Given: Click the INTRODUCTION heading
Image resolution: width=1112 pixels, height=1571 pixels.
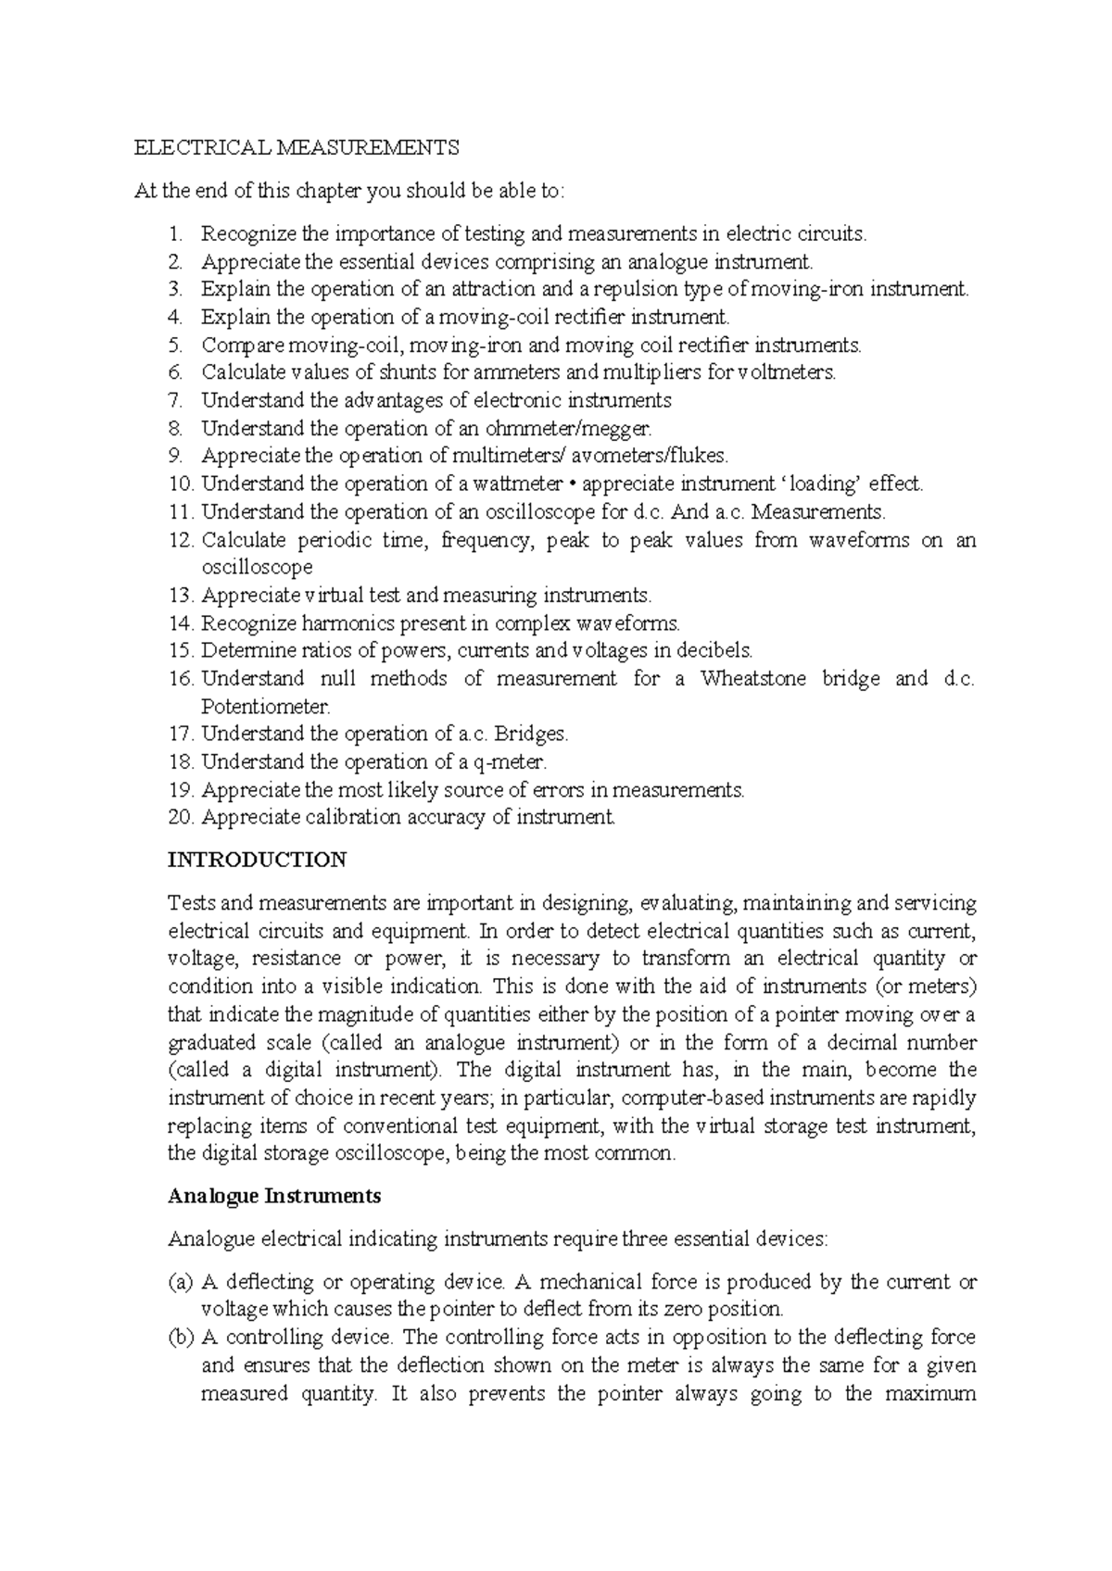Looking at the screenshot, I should point(257,860).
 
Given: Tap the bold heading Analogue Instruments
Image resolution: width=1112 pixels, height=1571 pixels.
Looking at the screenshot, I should point(274,1196).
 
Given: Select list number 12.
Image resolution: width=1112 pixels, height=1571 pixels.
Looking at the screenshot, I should point(180,540).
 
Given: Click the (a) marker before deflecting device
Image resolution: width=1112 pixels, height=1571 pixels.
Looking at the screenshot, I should point(181,1283).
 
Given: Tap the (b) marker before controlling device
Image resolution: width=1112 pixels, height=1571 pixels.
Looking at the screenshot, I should point(181,1338).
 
